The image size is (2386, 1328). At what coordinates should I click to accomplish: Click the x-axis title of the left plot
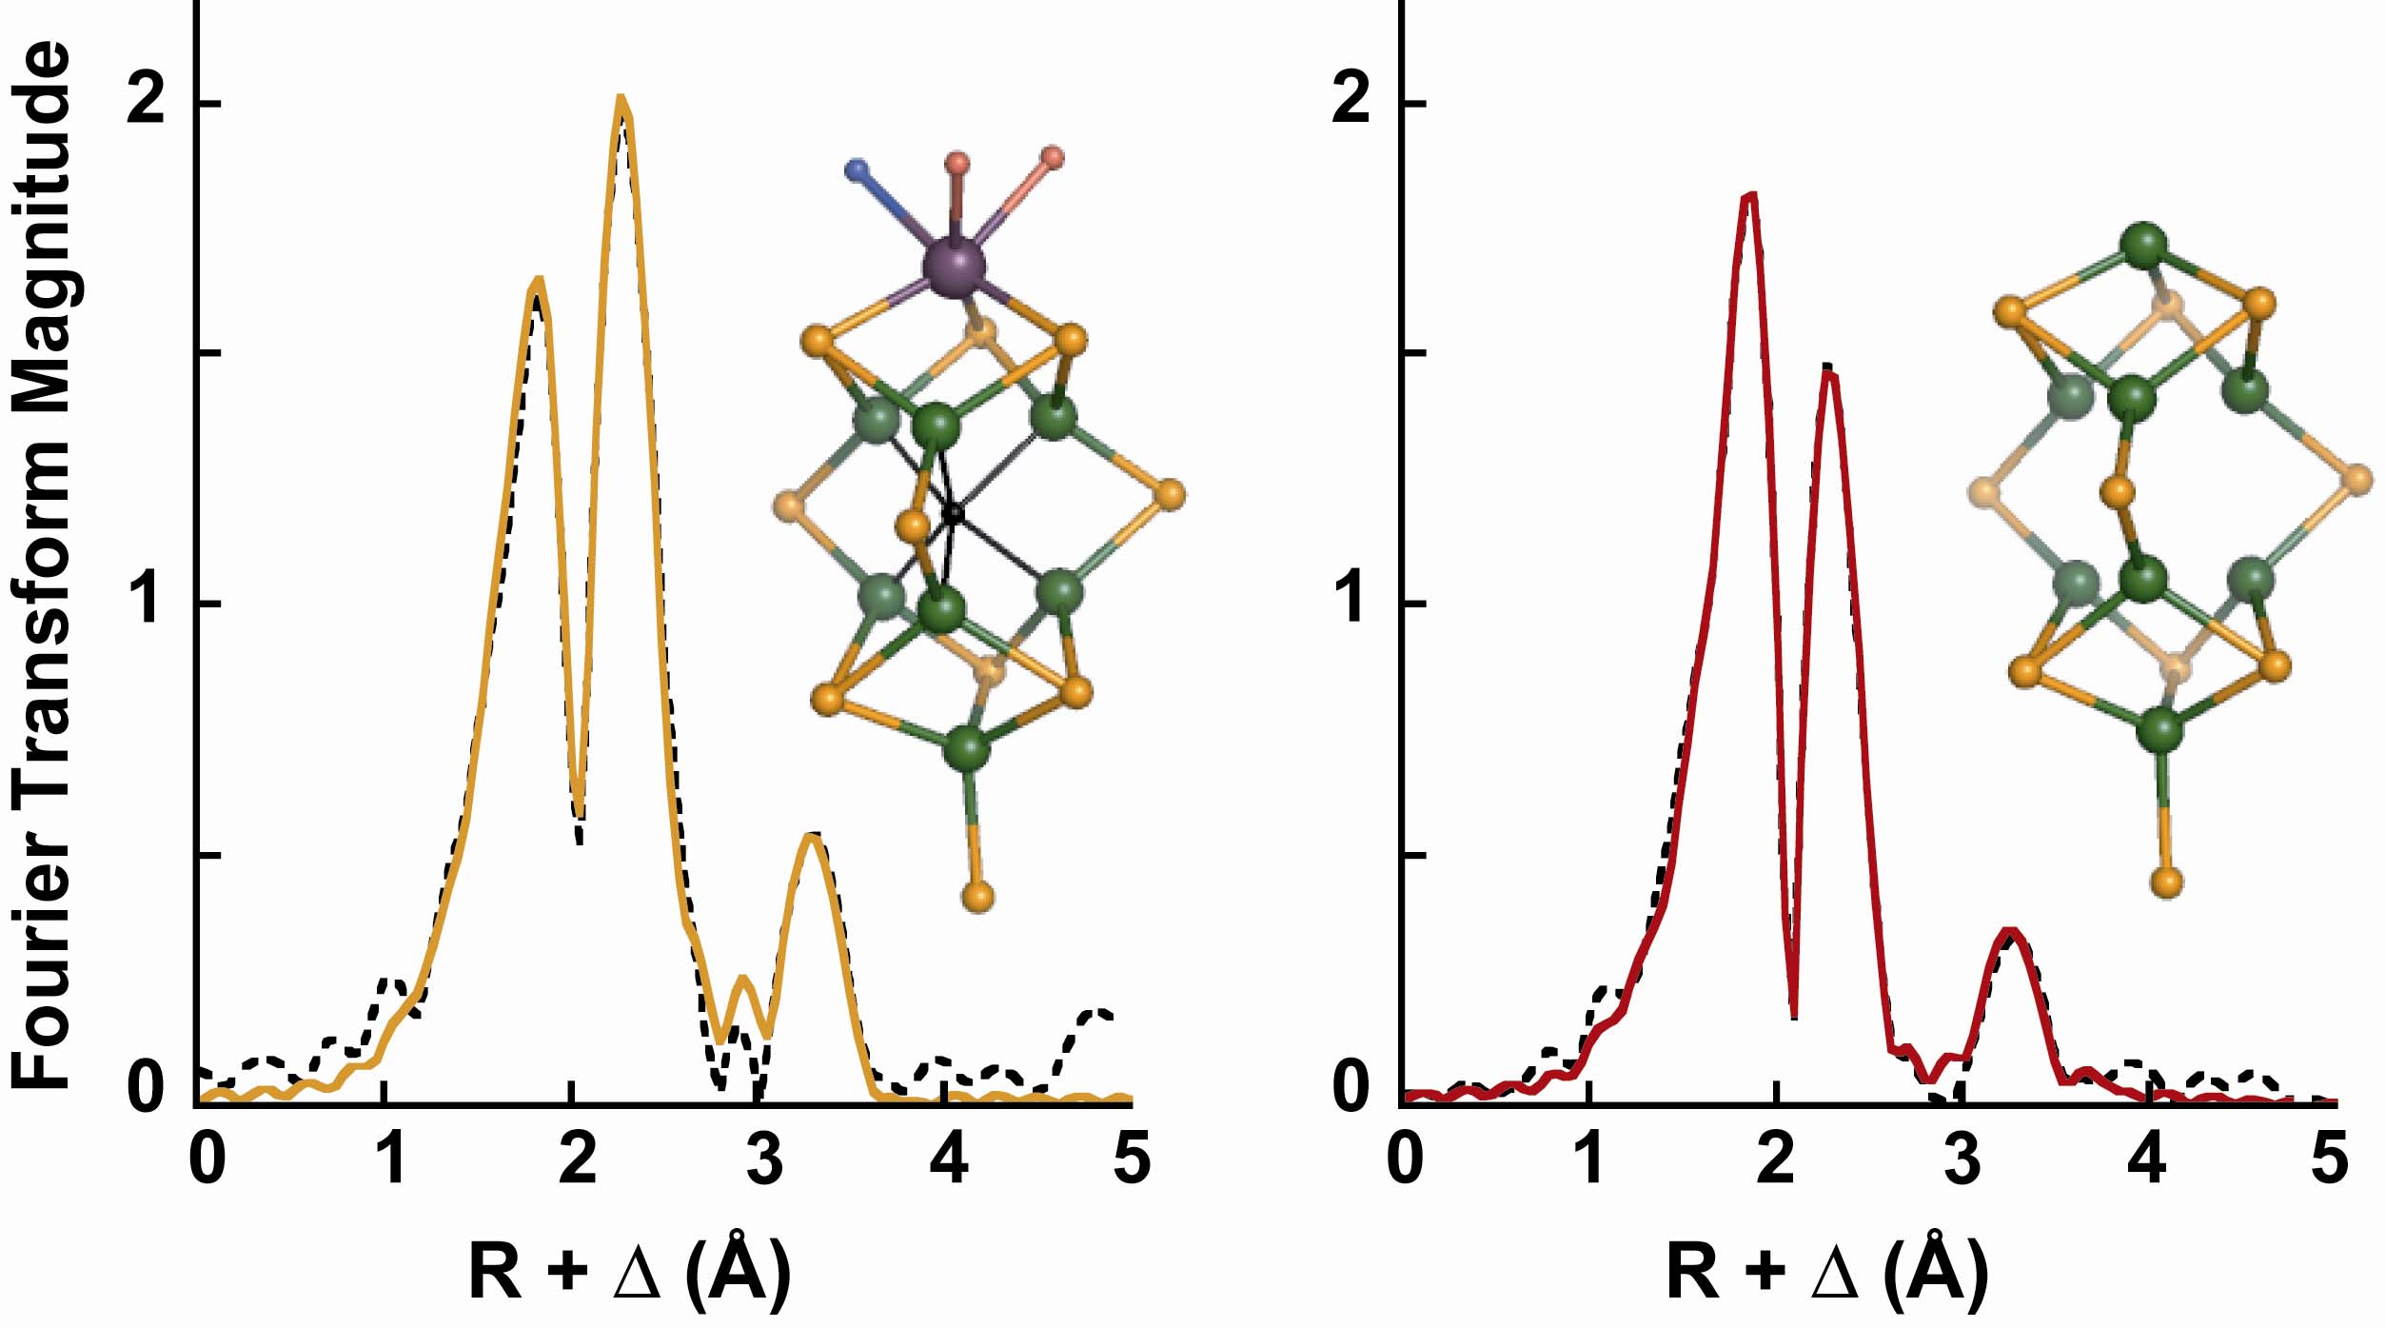(629, 1269)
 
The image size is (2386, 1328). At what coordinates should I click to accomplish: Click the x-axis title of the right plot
(1828, 1269)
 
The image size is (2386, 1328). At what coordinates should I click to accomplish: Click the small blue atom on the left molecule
(857, 171)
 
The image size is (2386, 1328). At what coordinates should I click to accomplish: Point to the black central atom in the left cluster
(953, 514)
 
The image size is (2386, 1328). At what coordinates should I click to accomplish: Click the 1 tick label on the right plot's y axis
(1351, 602)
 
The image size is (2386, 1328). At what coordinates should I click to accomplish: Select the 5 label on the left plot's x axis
(1131, 1160)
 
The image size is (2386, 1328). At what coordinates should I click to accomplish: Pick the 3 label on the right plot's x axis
(1962, 1160)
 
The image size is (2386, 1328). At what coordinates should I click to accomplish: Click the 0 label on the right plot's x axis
(1405, 1160)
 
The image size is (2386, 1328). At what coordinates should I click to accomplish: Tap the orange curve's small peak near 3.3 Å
(810, 837)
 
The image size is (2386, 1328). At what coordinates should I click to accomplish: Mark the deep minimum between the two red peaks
(1793, 1015)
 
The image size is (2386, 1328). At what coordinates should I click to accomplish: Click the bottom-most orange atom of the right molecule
(2167, 882)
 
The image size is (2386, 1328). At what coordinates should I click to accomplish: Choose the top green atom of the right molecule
(2142, 247)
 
